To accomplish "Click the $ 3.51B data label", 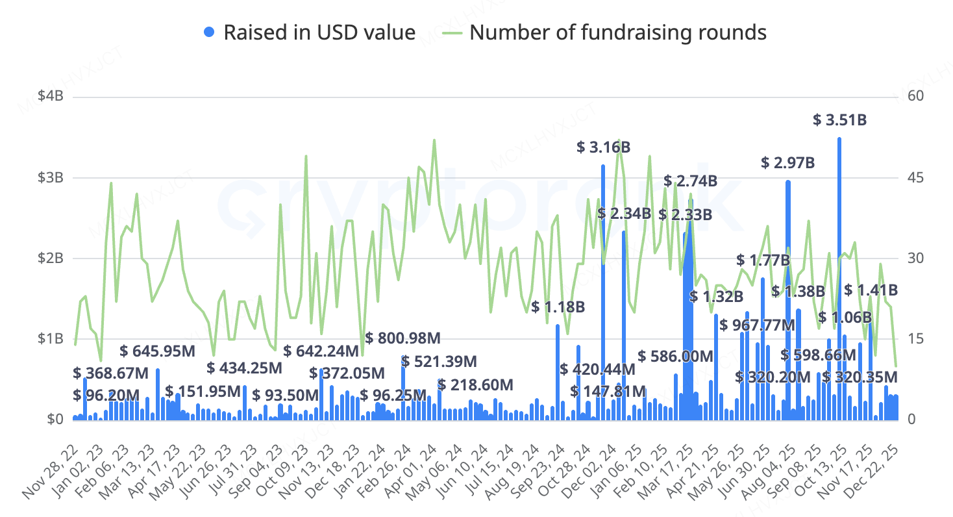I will point(840,120).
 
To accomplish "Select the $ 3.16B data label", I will point(603,147).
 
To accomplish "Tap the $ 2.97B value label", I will point(787,163).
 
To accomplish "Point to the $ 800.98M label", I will point(402,338).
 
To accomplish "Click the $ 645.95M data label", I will point(158,351).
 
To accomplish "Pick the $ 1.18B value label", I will point(558,307).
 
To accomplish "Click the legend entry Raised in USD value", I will point(310,32).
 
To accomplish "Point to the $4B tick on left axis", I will point(51,97).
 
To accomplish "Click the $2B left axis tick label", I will point(51,258).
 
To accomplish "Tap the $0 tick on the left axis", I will point(55,420).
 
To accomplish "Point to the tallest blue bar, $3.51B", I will point(839,279).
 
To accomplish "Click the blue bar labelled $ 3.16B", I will point(603,292).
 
